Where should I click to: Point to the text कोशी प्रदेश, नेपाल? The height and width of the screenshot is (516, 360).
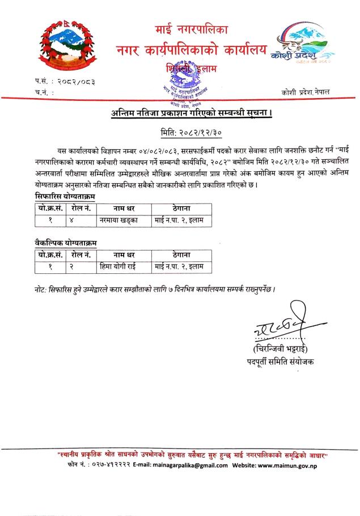309,91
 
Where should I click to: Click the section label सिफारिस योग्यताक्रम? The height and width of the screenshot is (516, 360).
63,196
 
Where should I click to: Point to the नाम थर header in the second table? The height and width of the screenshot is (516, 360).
118,255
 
